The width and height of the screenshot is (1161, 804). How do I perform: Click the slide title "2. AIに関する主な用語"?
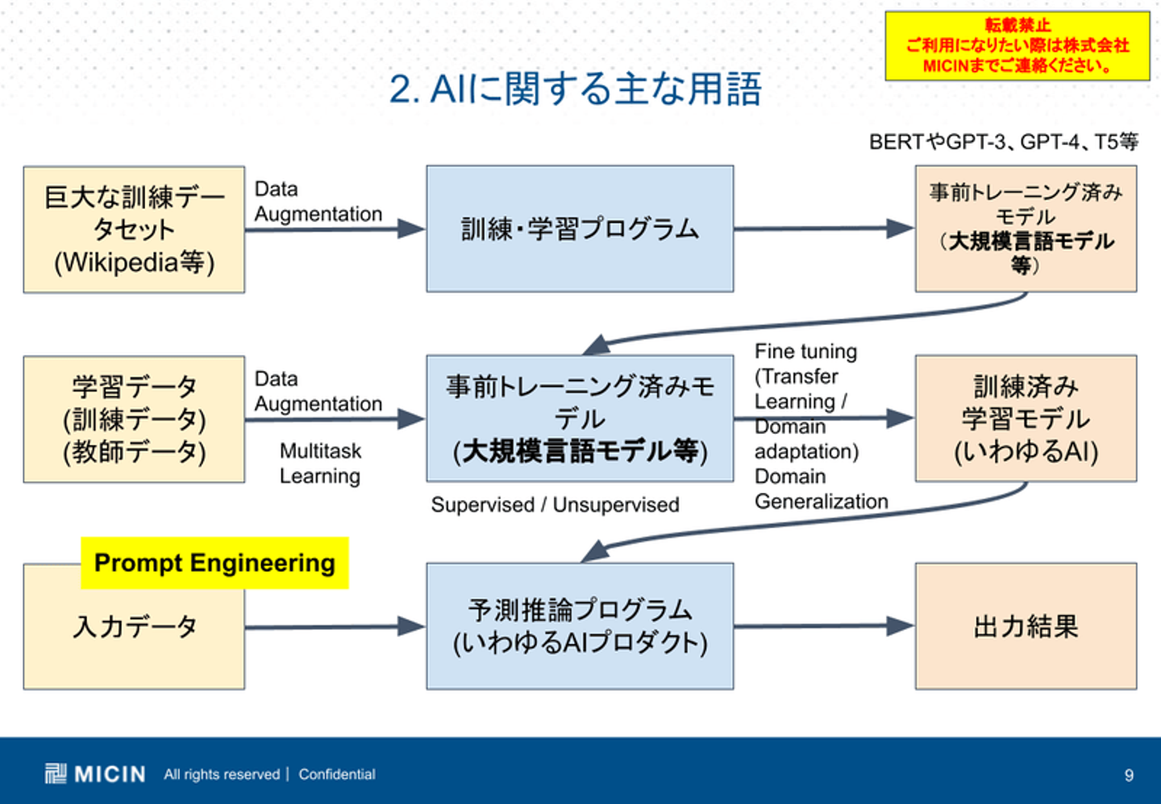(x=575, y=89)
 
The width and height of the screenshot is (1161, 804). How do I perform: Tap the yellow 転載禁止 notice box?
(x=1017, y=46)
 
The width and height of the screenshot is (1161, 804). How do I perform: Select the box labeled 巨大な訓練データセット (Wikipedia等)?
(x=134, y=230)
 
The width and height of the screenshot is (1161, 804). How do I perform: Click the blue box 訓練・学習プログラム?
(x=580, y=229)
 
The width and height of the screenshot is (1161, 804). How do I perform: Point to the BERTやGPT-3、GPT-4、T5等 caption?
(x=1003, y=142)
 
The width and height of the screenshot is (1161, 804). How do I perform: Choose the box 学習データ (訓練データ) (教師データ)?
(x=134, y=419)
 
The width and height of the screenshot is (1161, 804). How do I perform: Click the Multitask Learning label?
(x=320, y=464)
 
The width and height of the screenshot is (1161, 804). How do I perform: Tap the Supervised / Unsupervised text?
(x=555, y=505)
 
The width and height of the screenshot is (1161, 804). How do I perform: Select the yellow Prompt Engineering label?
(x=214, y=563)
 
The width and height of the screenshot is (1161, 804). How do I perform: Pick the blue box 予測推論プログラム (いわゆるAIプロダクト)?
(x=580, y=627)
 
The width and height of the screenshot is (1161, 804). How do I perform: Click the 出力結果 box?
(x=1026, y=627)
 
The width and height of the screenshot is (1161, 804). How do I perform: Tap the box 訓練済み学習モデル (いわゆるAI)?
(x=1026, y=419)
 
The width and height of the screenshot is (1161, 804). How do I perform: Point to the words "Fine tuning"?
(x=805, y=352)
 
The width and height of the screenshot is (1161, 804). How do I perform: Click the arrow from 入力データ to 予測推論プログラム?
(x=335, y=627)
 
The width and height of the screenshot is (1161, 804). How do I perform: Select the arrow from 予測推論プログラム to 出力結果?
(x=823, y=626)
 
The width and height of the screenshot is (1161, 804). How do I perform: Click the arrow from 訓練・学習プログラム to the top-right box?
(x=823, y=228)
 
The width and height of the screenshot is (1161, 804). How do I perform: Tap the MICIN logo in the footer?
(x=95, y=774)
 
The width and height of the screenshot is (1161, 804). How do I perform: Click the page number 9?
(x=1129, y=775)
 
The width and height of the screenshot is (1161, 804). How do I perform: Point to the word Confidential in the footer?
(x=337, y=774)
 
